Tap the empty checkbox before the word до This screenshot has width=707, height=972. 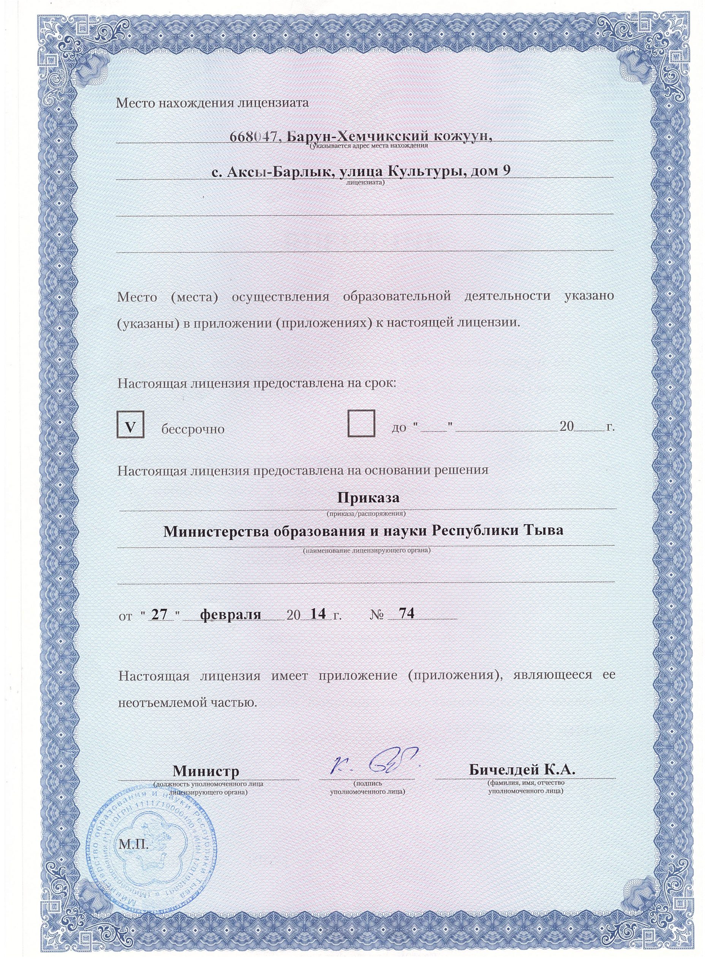pyautogui.click(x=361, y=423)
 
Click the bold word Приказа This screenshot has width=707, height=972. pyautogui.click(x=368, y=499)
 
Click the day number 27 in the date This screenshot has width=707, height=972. pyautogui.click(x=159, y=614)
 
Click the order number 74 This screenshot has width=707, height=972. pyautogui.click(x=406, y=614)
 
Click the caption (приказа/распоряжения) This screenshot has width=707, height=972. pyautogui.click(x=366, y=513)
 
